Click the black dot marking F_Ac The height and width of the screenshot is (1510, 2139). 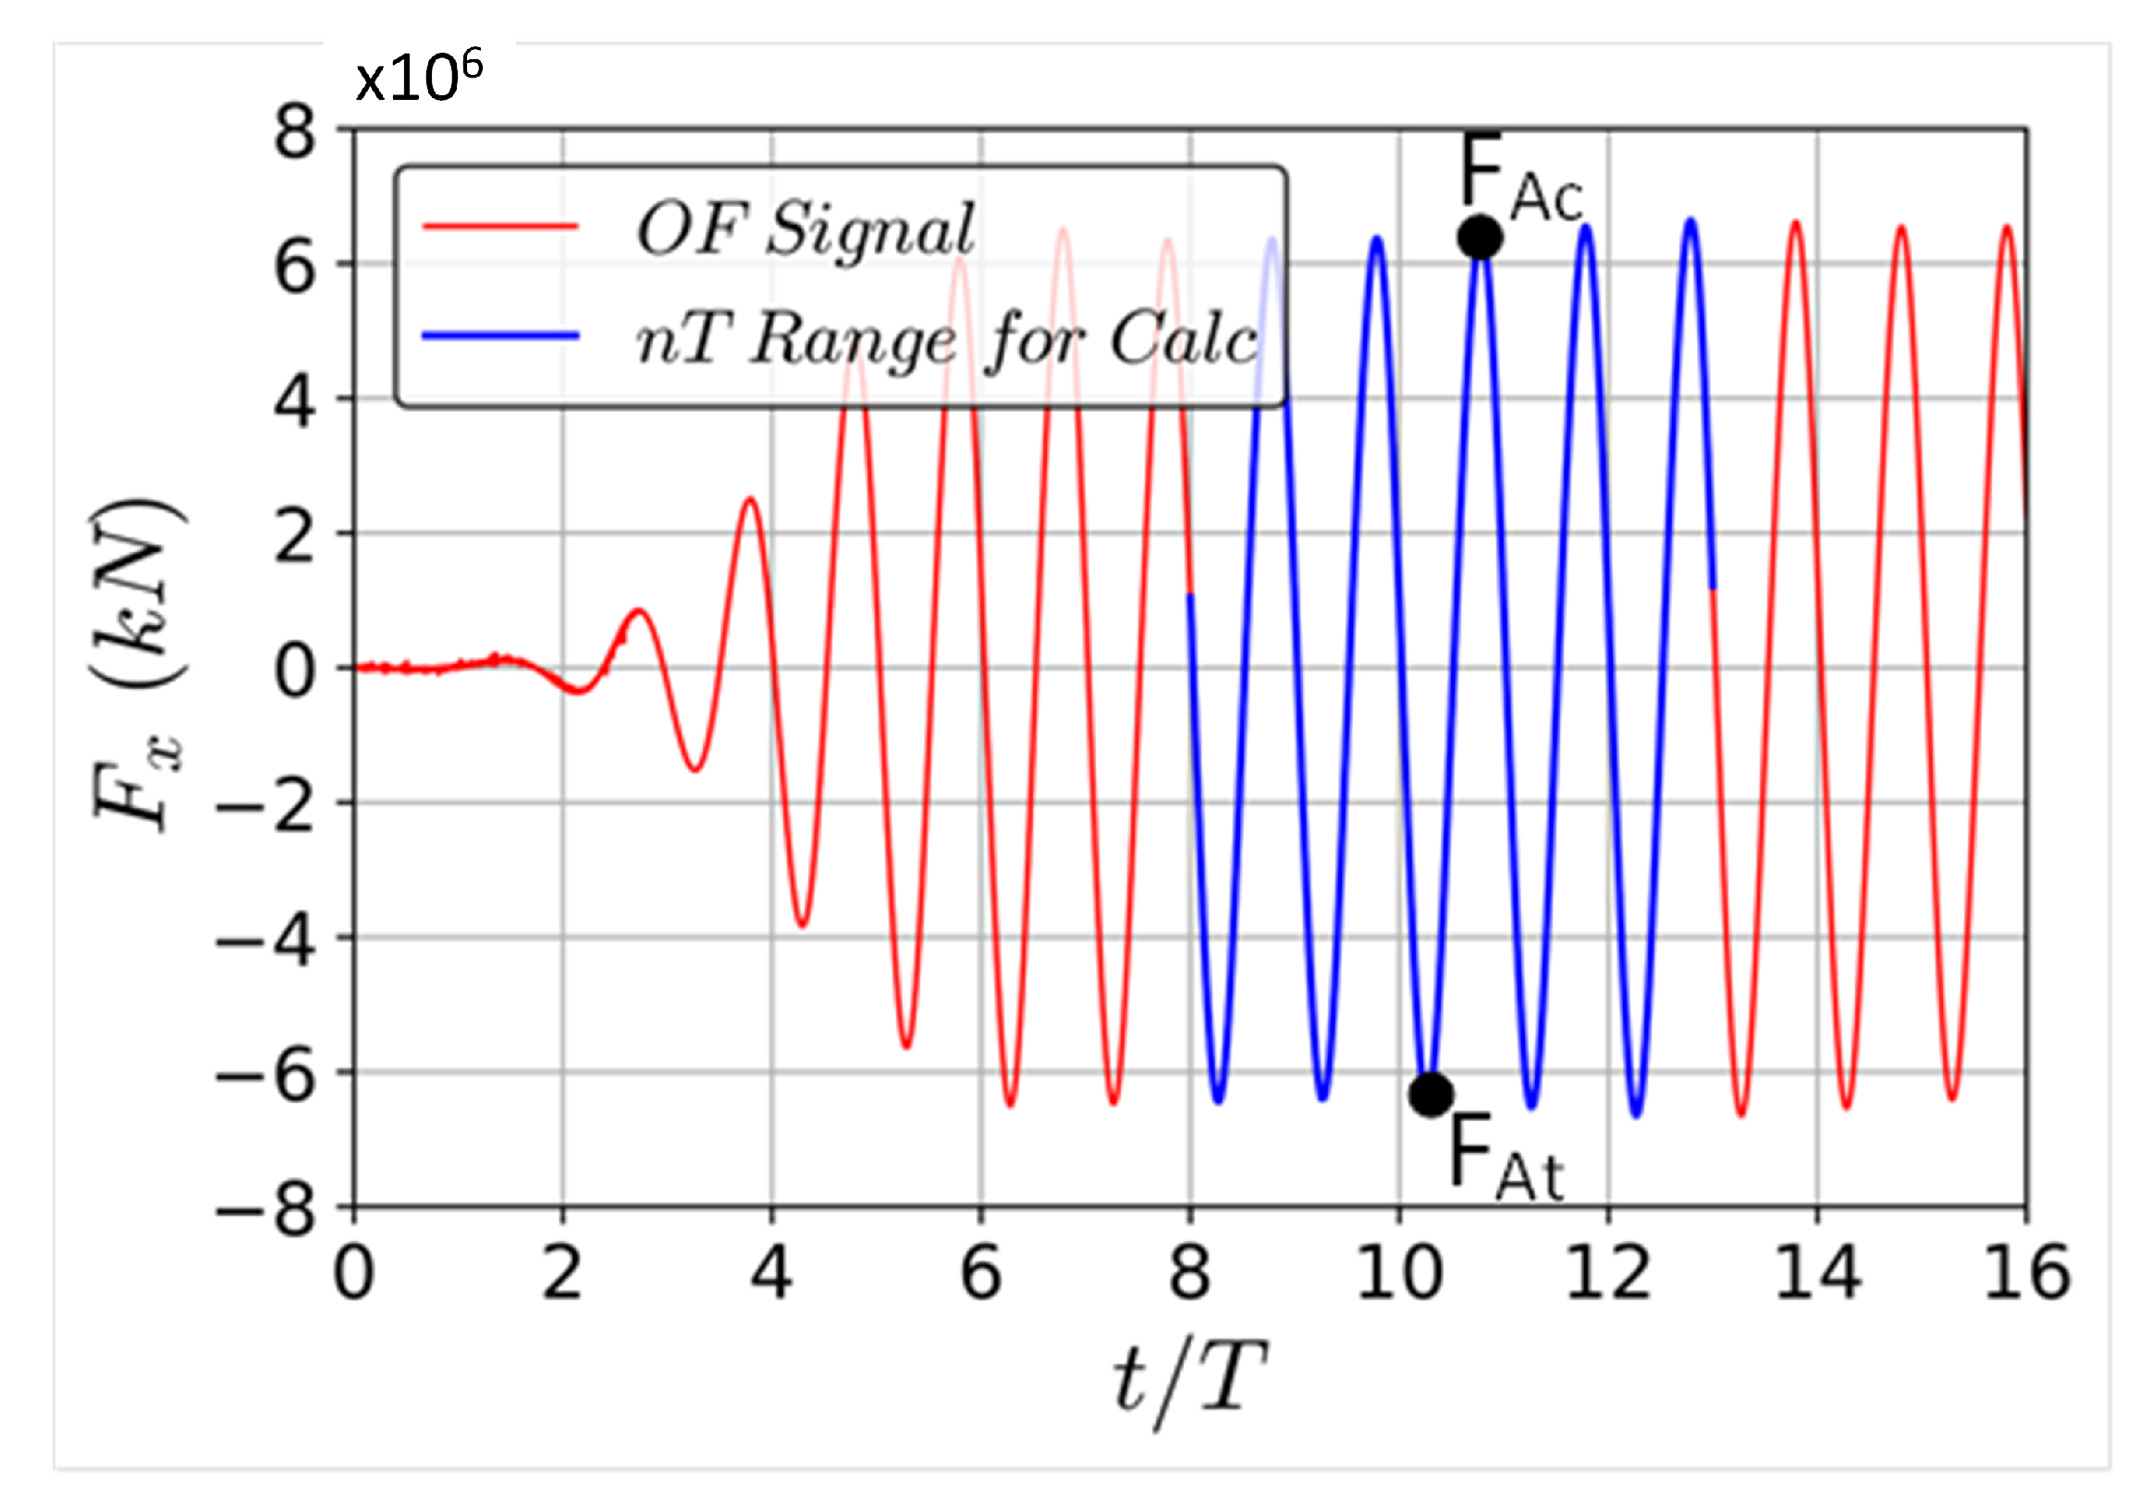coord(1480,237)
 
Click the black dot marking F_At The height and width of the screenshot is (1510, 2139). coord(1431,1094)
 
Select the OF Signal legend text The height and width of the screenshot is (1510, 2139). coord(805,229)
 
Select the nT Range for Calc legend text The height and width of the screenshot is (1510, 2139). coord(947,339)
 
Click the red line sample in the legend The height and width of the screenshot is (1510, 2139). coord(501,227)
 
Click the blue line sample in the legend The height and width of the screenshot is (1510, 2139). coord(501,337)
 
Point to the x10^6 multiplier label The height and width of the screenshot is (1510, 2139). coord(419,79)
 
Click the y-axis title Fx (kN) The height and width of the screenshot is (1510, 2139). coord(140,667)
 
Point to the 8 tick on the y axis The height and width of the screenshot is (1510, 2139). coord(295,132)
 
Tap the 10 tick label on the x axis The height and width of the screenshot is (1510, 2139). coord(1399,1274)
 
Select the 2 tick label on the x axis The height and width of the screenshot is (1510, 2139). coord(562,1274)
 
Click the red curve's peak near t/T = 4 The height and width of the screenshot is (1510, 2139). coord(750,500)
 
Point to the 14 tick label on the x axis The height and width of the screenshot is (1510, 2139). coord(1817,1274)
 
